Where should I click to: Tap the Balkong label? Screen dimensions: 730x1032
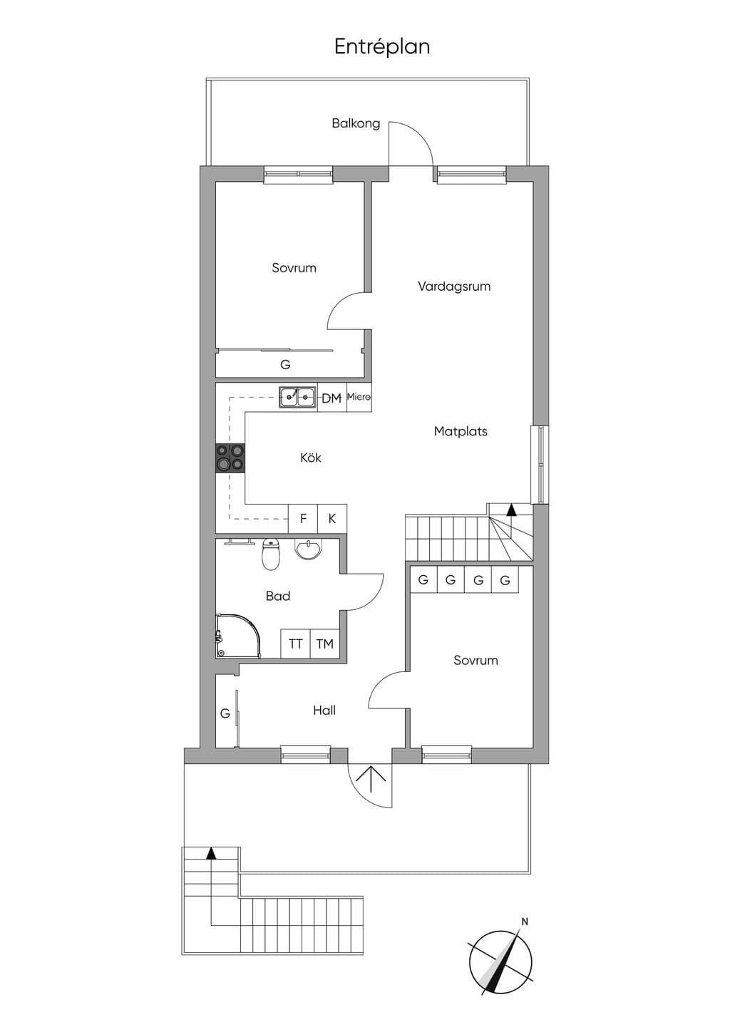point(356,123)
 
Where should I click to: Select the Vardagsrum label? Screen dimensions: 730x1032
point(454,287)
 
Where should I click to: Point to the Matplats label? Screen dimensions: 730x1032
point(461,431)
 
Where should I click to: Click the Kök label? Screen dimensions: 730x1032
point(311,458)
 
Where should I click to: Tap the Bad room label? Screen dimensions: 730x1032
point(278,596)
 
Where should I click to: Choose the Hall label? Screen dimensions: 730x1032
point(324,711)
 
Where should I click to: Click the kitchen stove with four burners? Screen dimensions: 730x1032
point(230,458)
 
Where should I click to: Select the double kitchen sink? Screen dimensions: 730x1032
point(297,397)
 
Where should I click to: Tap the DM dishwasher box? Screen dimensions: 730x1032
point(331,398)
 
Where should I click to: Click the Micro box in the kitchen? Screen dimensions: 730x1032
point(359,397)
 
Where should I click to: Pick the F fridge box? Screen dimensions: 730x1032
point(303,519)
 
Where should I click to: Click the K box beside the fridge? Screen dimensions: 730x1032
point(332,519)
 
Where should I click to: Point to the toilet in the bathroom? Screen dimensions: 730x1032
point(270,554)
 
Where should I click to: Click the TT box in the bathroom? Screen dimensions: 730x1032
point(295,644)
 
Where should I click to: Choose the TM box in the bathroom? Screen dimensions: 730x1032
point(325,644)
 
